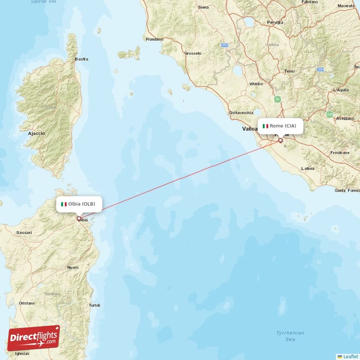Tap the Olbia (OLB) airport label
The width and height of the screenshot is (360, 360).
point(79,204)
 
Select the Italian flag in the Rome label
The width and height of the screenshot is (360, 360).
point(265,126)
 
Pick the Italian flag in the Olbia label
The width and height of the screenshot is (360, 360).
point(64,204)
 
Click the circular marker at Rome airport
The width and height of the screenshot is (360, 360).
point(281,140)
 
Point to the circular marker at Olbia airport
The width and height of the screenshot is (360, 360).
point(79,219)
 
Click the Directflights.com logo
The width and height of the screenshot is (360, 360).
point(33,338)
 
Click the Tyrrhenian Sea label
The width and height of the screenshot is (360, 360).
point(290,336)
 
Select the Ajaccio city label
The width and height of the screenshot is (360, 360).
point(36,134)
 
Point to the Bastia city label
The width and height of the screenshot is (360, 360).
point(82,59)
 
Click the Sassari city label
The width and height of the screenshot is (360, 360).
point(24,232)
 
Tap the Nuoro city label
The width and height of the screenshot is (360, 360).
point(72,267)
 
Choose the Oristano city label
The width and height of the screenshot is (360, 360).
point(27,303)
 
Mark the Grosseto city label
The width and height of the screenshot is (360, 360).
point(193,53)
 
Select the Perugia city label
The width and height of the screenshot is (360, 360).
point(275,22)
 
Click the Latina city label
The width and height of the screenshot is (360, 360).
point(308,168)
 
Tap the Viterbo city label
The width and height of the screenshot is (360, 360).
point(256,84)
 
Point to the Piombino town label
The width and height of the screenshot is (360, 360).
point(154,39)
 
